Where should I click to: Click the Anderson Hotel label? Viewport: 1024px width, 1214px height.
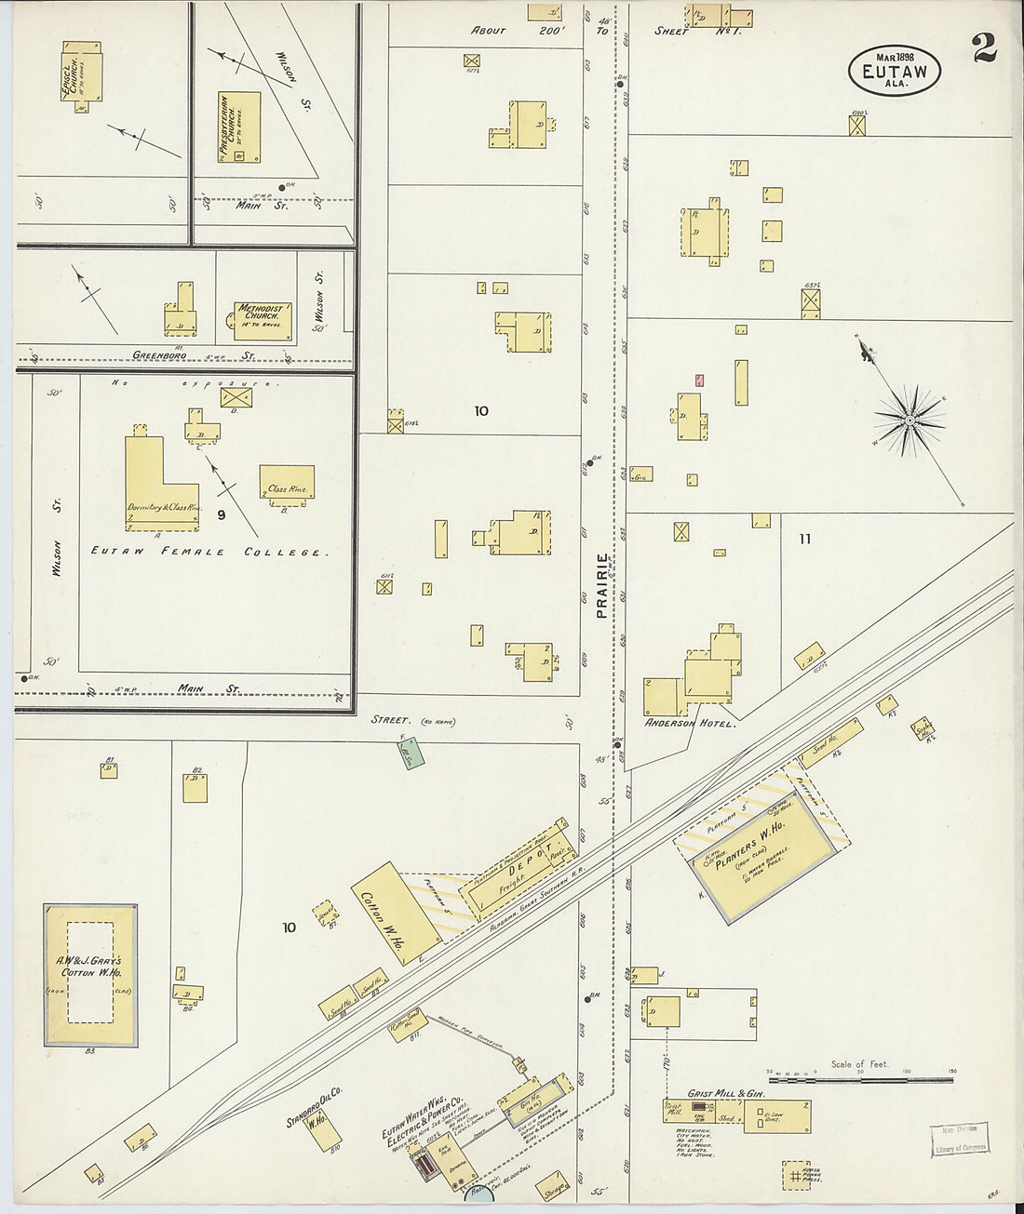coord(690,723)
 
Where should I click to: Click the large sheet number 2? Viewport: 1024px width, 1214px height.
coord(985,49)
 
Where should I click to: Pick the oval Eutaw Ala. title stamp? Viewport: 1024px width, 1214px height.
coord(894,70)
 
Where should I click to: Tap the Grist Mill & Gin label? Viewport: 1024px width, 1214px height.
coord(725,1094)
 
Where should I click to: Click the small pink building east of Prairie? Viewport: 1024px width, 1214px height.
coord(698,380)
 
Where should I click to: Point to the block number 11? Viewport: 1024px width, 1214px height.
coord(804,539)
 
